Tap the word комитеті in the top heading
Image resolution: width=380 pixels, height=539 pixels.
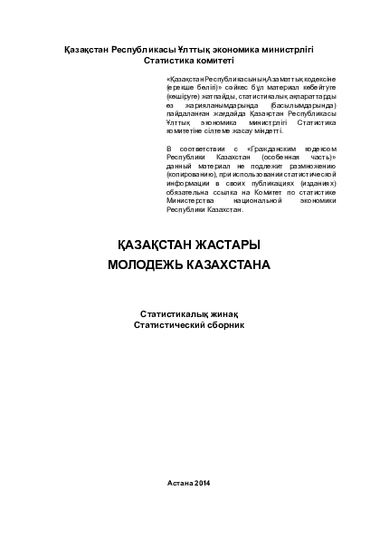(215, 59)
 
